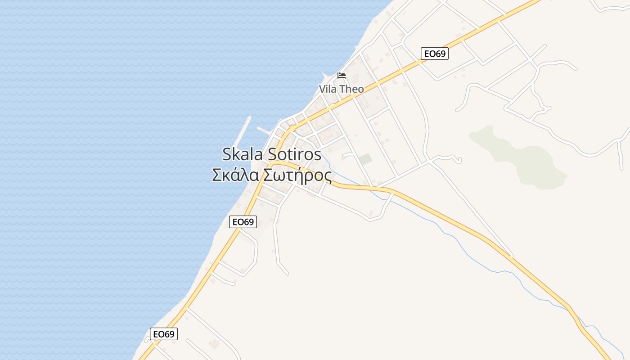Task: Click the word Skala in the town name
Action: [243, 154]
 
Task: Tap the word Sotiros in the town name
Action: [295, 154]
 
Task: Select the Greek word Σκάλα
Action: [236, 175]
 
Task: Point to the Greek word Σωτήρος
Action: [297, 175]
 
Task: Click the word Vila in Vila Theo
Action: [328, 89]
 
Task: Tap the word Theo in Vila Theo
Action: [351, 89]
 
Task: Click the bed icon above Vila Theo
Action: [342, 75]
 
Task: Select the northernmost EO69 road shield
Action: [435, 54]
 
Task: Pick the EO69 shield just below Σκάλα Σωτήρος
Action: [243, 221]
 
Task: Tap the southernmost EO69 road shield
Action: [164, 334]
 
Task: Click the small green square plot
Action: [365, 159]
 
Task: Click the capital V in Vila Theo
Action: [322, 89]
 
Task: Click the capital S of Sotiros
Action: [272, 154]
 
